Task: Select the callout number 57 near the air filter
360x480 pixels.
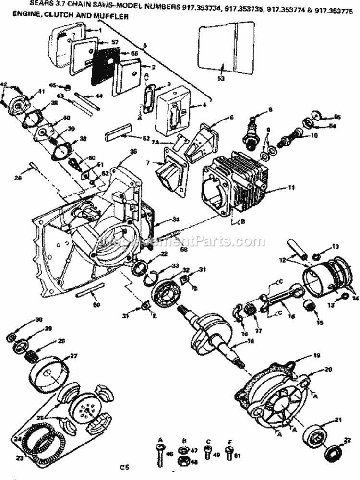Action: pyautogui.click(x=114, y=42)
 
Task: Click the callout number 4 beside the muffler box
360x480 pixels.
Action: pyautogui.click(x=205, y=104)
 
